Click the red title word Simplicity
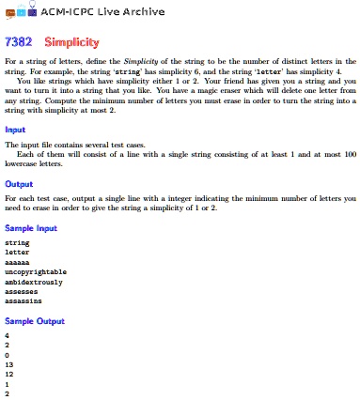click(71, 43)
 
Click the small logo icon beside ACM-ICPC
click(18, 11)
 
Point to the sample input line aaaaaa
click(17, 260)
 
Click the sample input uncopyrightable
click(36, 270)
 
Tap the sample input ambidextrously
click(34, 281)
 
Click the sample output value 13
click(8, 362)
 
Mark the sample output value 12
click(8, 373)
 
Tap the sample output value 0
click(7, 353)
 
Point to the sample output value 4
click(7, 333)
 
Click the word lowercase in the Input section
click(23, 163)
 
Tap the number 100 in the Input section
click(349, 153)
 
